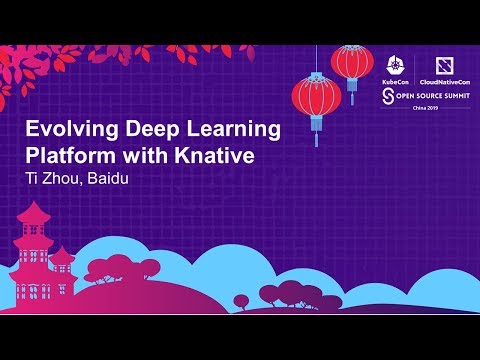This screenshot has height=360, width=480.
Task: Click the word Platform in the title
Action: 68,157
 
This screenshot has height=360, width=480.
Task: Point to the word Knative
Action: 214,157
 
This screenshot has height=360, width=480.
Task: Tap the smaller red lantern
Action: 352,61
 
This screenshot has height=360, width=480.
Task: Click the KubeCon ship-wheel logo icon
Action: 394,57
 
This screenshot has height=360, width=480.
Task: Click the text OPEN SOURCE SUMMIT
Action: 431,95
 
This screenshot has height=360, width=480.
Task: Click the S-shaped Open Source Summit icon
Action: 389,95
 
